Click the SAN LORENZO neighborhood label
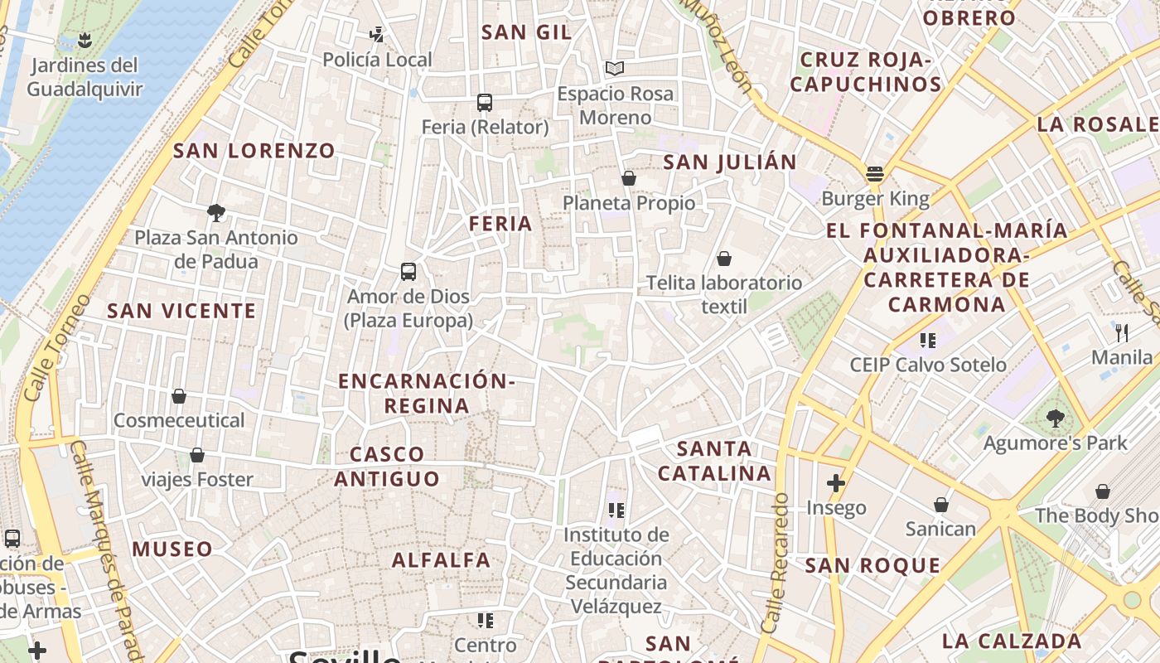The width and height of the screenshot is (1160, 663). tap(254, 151)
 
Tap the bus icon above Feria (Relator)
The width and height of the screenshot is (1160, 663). tap(485, 103)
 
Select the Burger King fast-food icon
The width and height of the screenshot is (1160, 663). tap(875, 174)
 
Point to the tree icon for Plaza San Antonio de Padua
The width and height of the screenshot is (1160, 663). tap(216, 213)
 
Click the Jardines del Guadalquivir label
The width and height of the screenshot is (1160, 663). tap(85, 77)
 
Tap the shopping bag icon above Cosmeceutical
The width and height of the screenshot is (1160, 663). tap(179, 396)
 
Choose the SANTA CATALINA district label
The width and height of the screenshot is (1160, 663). tap(715, 461)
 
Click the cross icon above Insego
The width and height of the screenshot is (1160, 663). tap(835, 483)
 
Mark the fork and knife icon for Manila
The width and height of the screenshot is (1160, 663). tap(1122, 333)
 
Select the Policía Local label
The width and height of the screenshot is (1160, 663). tap(377, 60)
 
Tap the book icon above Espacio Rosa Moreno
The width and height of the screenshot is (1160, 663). tap(614, 68)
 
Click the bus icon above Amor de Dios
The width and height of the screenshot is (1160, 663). tap(408, 272)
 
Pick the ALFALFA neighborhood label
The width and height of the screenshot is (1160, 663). tap(441, 560)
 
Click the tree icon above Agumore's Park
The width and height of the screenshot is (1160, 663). tap(1055, 419)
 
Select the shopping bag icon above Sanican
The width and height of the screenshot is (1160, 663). tap(941, 505)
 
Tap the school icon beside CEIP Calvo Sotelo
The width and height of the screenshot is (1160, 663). tap(927, 340)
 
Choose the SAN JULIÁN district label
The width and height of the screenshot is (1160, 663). tap(729, 162)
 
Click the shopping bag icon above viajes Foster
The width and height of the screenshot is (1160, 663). tap(197, 455)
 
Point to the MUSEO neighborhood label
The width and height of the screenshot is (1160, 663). tap(172, 549)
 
